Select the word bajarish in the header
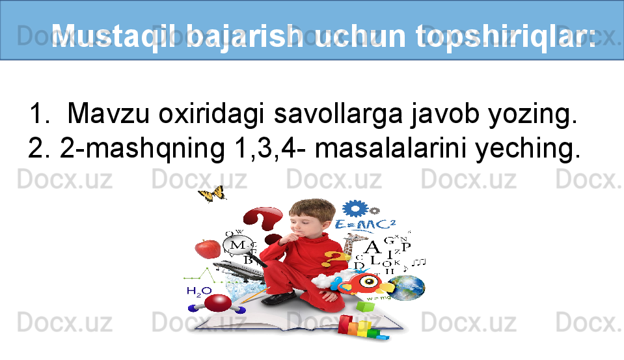[x=245, y=36]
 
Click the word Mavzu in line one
[x=109, y=113]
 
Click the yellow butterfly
[x=213, y=194]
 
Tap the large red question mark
[x=263, y=224]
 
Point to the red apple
[x=208, y=249]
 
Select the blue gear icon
[x=355, y=208]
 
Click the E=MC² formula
[x=365, y=225]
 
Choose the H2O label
[x=199, y=292]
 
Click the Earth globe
[x=408, y=288]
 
